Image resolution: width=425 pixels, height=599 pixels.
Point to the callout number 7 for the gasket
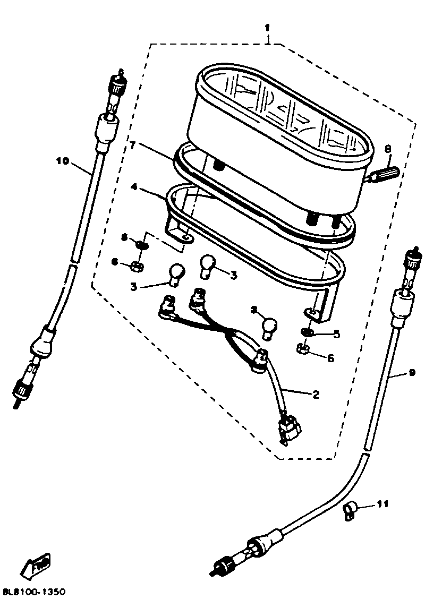[133, 145]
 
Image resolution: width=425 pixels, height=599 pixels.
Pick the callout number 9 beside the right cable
[412, 372]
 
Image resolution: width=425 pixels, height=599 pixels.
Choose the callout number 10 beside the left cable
[62, 161]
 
